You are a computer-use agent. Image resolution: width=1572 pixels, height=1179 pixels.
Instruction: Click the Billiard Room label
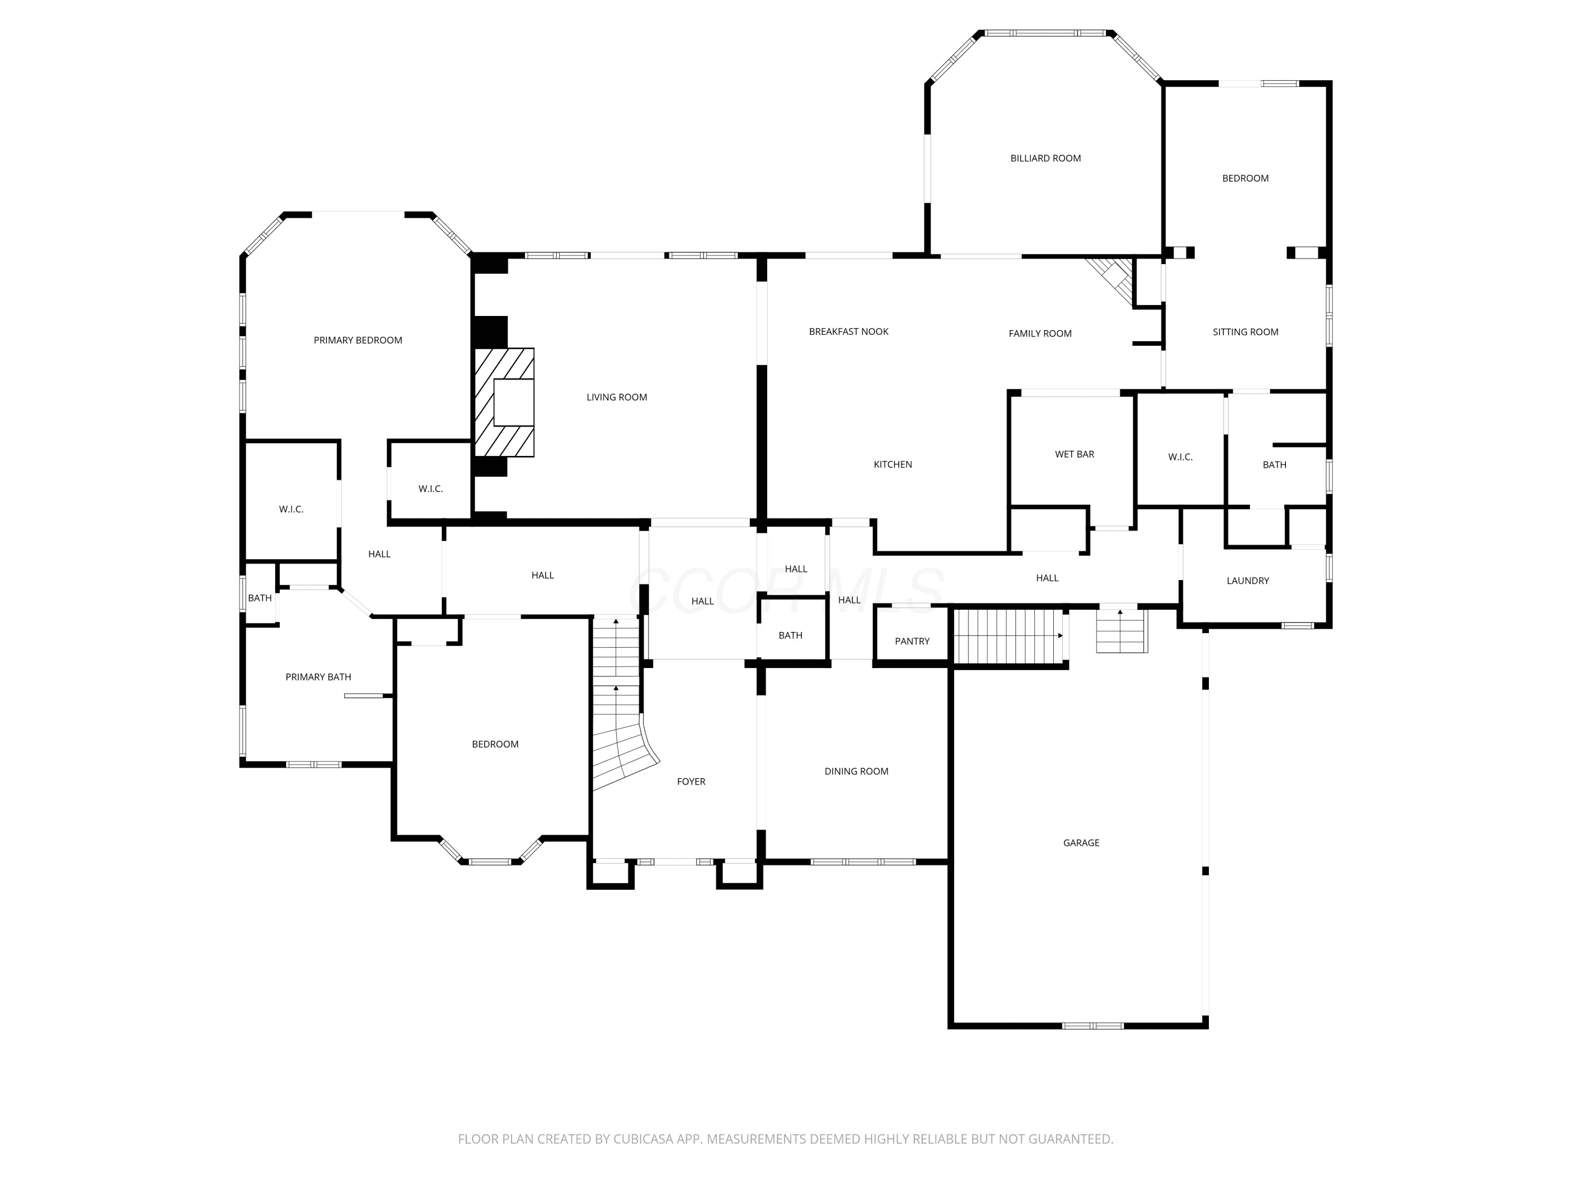[1045, 158]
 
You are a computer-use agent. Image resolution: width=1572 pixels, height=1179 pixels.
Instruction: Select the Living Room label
[616, 397]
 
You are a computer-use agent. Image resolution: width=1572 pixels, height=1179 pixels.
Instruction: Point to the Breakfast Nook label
[848, 332]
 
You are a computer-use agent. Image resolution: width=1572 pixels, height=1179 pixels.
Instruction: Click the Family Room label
[1040, 333]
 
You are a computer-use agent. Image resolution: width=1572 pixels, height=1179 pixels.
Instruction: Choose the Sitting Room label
[1245, 332]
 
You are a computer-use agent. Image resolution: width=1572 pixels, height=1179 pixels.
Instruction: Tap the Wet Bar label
[1075, 454]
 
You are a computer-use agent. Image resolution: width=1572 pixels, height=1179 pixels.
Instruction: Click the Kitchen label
[892, 465]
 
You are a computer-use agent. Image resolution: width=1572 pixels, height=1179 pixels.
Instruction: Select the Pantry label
[912, 641]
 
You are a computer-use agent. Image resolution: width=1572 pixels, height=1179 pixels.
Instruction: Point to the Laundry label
[1247, 581]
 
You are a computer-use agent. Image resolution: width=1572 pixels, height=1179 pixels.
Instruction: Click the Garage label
[1081, 843]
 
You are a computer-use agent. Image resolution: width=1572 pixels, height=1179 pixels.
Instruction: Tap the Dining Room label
[856, 771]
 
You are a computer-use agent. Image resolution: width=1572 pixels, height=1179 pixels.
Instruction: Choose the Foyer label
[691, 782]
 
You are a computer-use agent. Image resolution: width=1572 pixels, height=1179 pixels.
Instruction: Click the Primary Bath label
[319, 677]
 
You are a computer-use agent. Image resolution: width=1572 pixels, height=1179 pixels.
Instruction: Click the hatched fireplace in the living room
[504, 402]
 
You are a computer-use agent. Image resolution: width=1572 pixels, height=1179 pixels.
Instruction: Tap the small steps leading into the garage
[1121, 631]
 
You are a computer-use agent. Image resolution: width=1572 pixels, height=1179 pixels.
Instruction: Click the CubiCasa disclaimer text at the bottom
[785, 1139]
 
